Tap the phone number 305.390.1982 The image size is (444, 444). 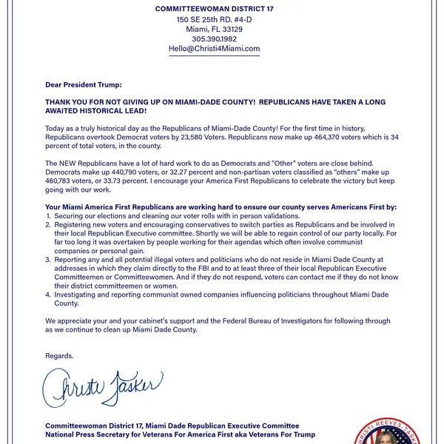[x=215, y=39]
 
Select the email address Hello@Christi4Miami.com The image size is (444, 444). [x=215, y=49]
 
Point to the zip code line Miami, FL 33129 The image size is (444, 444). [x=215, y=30]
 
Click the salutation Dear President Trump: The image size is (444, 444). [x=84, y=85]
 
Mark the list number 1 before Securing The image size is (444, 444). [x=48, y=215]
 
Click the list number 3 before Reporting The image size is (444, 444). [x=48, y=260]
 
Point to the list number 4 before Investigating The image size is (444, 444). [x=48, y=295]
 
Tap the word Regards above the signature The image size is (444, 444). [x=59, y=356]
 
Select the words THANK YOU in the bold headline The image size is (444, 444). [x=68, y=101]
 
